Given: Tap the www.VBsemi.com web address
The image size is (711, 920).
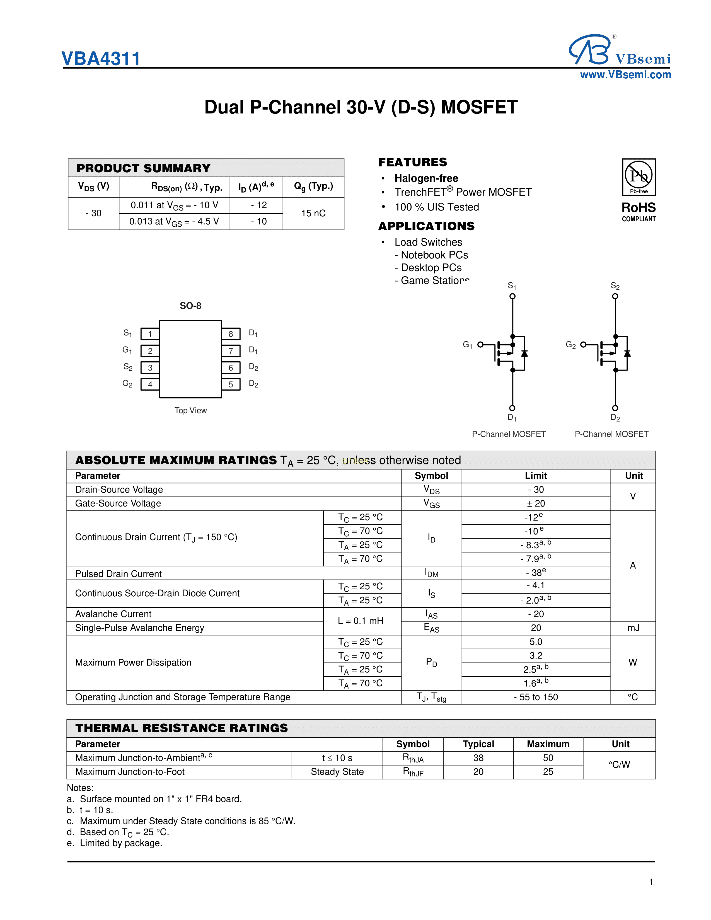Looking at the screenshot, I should click(625, 75).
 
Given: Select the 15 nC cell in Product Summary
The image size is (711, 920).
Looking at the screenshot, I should click(313, 213).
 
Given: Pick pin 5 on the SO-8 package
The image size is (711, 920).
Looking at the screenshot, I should click(231, 384).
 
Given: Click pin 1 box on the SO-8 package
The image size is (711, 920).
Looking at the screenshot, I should click(150, 334).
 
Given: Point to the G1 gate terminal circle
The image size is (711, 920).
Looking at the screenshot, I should click(480, 345).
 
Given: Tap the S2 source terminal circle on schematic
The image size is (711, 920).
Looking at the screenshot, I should click(615, 296).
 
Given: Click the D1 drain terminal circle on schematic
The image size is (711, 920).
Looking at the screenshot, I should click(512, 408).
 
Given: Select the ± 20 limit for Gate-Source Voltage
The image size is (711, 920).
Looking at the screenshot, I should click(536, 503).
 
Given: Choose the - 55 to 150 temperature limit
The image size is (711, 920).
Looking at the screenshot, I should click(536, 697).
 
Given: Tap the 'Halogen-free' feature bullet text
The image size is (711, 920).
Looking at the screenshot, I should click(426, 178).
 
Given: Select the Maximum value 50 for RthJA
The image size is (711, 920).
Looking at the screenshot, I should click(548, 758).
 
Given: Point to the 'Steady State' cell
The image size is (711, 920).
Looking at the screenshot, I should click(337, 772).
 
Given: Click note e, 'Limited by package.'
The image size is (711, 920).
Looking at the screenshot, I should click(121, 843).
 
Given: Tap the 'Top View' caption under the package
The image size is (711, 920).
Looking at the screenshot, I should click(191, 410).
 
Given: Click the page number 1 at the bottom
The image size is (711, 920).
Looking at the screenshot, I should click(651, 882).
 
